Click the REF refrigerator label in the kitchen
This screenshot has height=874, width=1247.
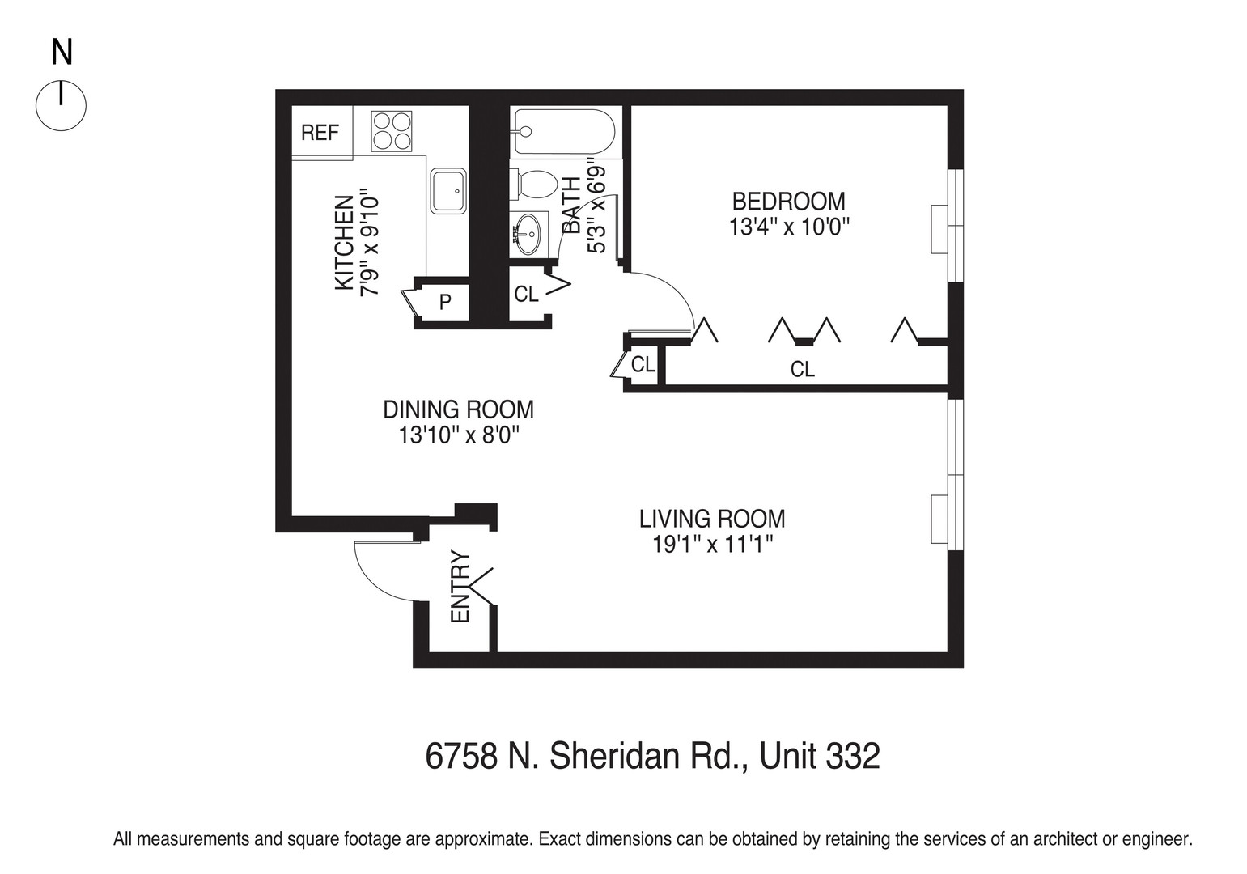[320, 133]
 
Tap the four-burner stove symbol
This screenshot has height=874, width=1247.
[392, 131]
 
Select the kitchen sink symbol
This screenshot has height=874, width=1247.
[448, 191]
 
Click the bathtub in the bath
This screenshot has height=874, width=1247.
[563, 131]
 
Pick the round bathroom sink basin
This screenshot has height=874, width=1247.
[528, 234]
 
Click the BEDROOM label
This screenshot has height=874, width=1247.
[788, 201]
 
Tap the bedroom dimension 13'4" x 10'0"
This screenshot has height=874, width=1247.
[788, 227]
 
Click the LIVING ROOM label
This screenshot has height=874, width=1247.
[712, 518]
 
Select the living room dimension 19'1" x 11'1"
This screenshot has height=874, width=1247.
[713, 545]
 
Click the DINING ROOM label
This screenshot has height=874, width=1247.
[458, 409]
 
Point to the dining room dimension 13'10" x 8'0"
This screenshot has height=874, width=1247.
[458, 435]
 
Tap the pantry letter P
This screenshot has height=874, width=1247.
[444, 303]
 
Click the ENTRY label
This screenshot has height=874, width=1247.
[460, 587]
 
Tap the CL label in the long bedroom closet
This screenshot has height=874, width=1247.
[802, 370]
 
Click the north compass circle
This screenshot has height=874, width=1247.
[61, 105]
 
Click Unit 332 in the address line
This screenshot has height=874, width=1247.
[819, 757]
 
